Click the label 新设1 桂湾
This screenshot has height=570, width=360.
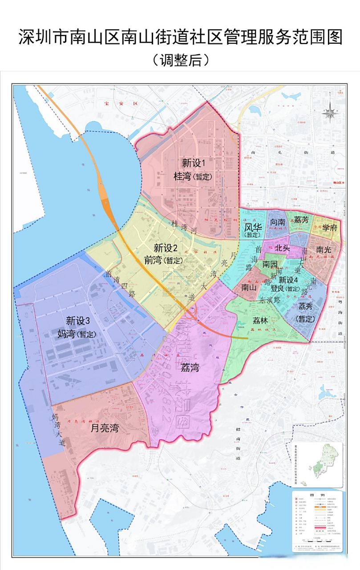[x=192, y=169]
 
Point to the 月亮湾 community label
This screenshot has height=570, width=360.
[x=105, y=428]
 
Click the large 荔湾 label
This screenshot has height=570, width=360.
[x=190, y=367]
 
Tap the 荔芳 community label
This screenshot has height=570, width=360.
[x=301, y=220]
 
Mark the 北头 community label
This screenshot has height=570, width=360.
[x=283, y=248]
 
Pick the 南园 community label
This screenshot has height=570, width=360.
[x=270, y=264]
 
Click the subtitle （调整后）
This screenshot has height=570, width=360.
[x=180, y=59]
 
